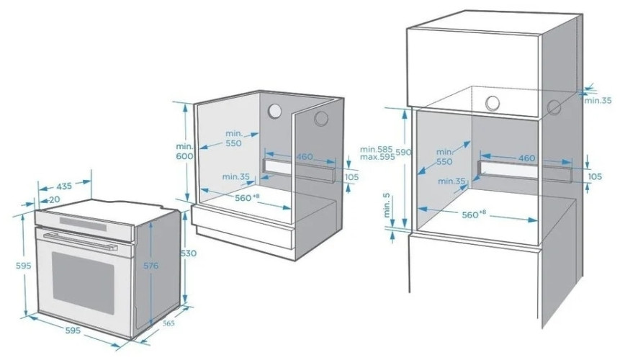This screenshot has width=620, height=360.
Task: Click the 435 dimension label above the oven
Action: pos(64,185)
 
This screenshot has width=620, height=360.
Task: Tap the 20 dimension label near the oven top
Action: pos(54,199)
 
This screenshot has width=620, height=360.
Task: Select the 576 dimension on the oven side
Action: pos(150,266)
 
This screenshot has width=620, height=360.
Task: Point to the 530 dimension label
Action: pos(188,253)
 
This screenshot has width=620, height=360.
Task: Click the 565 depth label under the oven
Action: pos(169,323)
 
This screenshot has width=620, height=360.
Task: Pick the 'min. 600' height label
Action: pos(184,151)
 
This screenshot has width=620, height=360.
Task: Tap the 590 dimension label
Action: pos(403,152)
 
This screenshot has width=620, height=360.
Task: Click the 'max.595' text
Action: pos(377,157)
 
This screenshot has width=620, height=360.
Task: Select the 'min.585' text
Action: pos(376,149)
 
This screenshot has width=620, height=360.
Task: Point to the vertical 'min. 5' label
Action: pos(387,204)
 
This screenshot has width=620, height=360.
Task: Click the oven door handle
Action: pos(81,240)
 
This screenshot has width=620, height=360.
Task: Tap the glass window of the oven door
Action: pos(83,282)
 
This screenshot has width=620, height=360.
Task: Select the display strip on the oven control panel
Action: pos(83,224)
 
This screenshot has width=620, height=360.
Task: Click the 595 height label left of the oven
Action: pos(23,266)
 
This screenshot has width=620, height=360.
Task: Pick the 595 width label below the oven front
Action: pos(73,330)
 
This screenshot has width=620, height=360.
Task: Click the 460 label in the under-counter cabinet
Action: pos(305,157)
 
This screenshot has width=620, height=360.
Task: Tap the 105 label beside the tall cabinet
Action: pos(595,176)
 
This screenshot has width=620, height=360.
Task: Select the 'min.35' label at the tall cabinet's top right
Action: pos(598,100)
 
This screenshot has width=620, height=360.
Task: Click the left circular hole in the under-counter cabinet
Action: pos(274,111)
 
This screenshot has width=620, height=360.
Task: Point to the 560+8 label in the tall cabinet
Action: pos(474,214)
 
